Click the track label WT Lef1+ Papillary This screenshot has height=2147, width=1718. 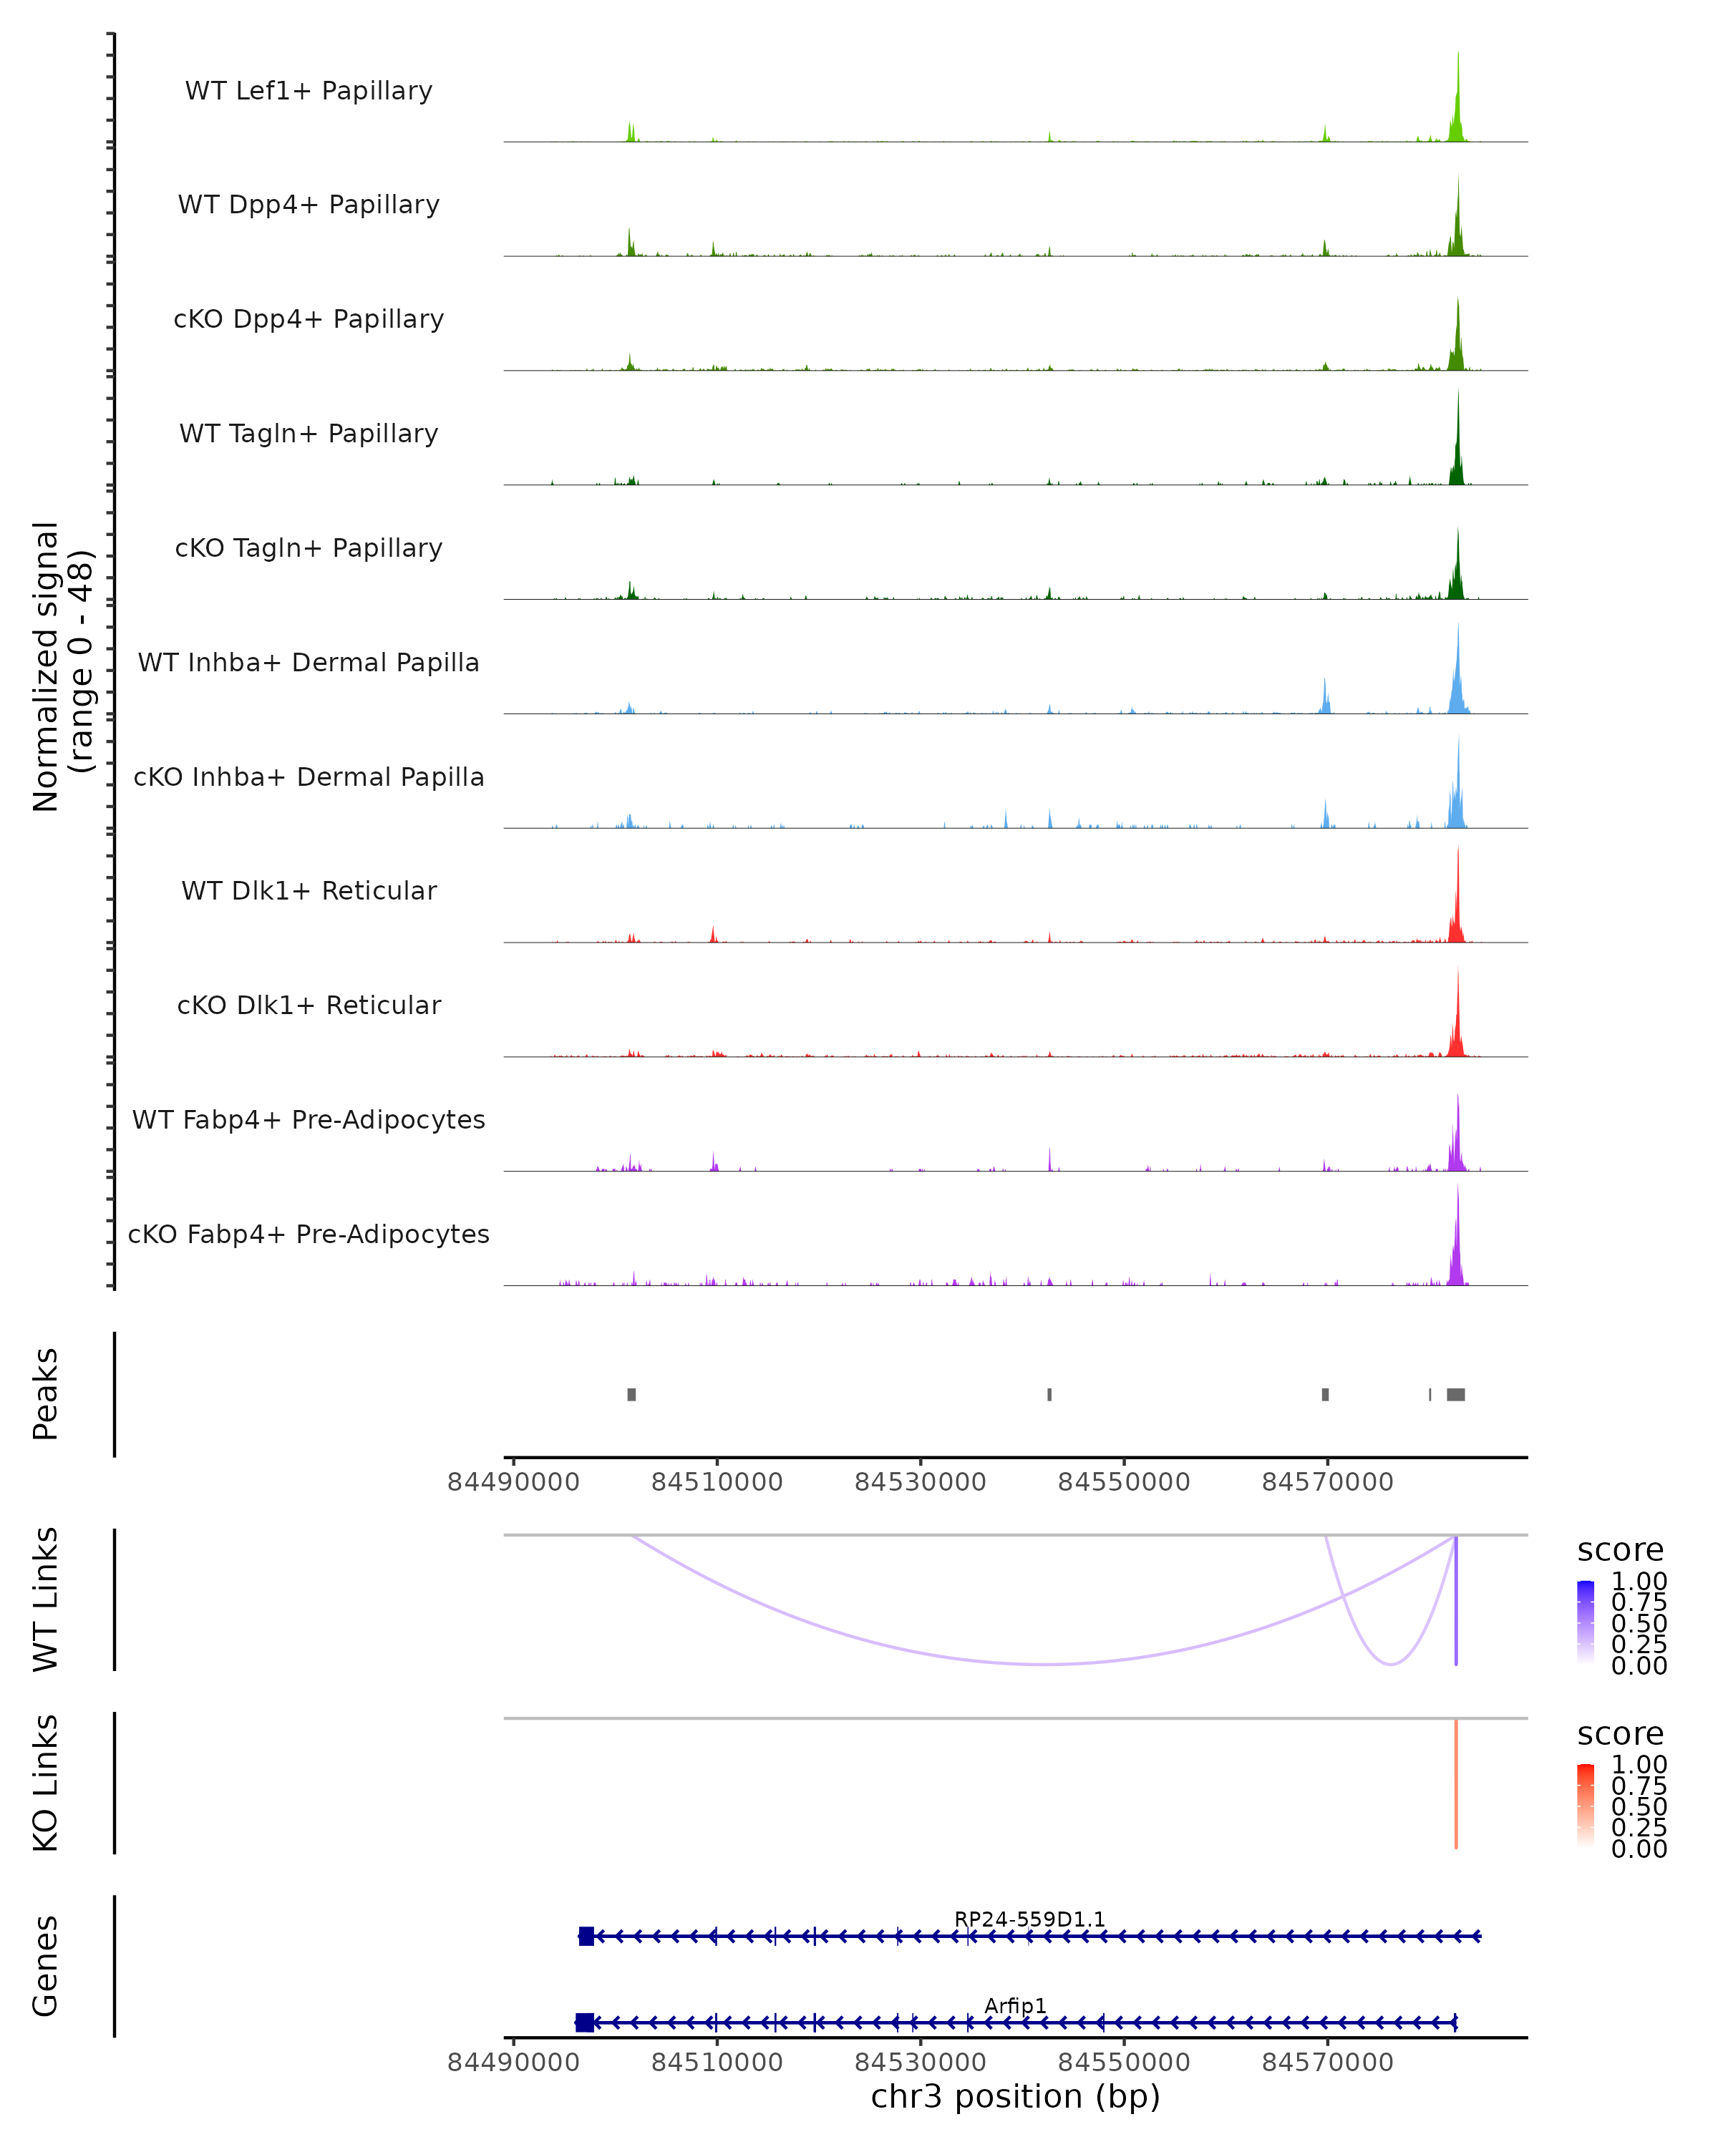coord(309,91)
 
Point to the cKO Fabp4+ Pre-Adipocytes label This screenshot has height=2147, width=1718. coord(309,1234)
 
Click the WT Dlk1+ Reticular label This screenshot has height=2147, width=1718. coord(309,890)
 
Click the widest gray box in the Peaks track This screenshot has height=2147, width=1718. coord(1455,1394)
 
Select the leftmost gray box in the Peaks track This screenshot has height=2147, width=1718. coord(631,1394)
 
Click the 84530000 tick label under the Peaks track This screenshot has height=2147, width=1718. coord(921,1482)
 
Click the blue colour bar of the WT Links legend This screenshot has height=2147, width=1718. coord(1586,1622)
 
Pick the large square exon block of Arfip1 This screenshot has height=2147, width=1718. coord(585,2022)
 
